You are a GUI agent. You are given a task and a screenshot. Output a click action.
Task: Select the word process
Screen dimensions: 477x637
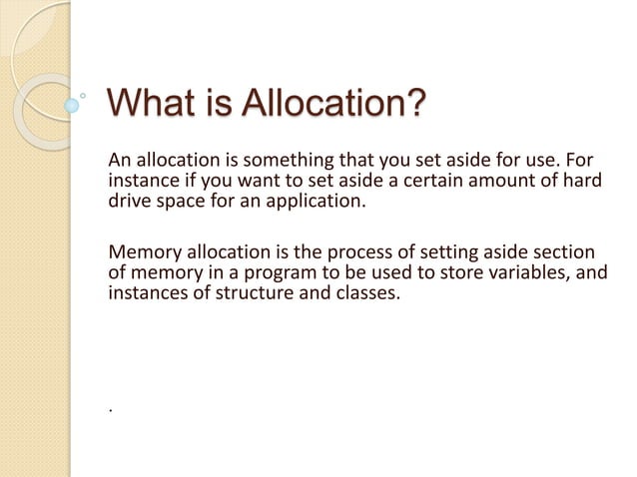356,250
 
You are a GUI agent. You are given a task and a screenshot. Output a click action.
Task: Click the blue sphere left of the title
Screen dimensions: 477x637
71,105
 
